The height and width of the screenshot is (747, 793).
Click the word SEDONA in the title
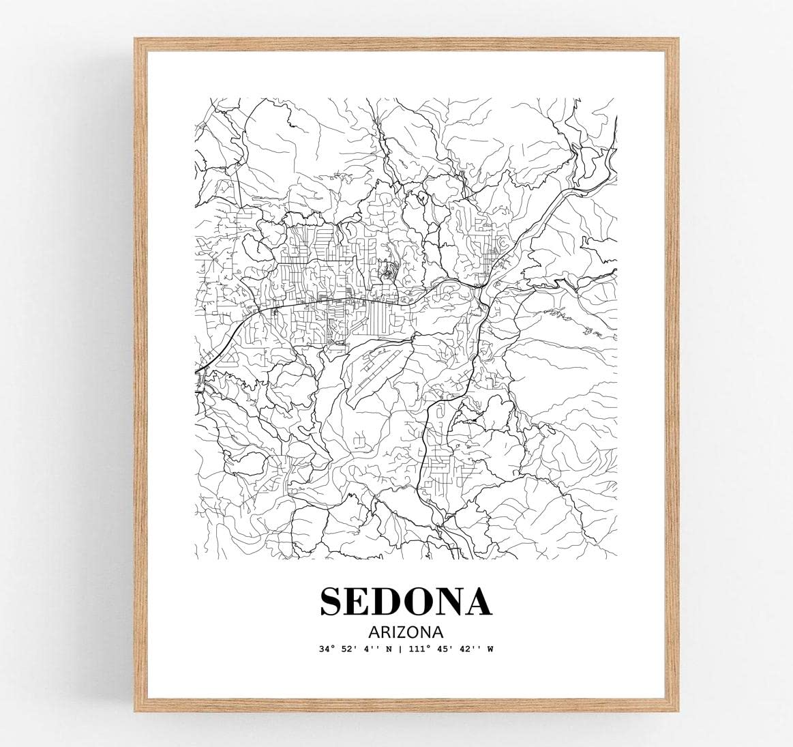point(405,602)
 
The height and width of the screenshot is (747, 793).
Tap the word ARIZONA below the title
point(405,631)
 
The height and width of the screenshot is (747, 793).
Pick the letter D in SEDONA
point(389,602)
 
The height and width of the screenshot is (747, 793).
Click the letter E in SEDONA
point(360,602)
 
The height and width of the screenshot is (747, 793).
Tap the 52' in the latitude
point(348,649)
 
